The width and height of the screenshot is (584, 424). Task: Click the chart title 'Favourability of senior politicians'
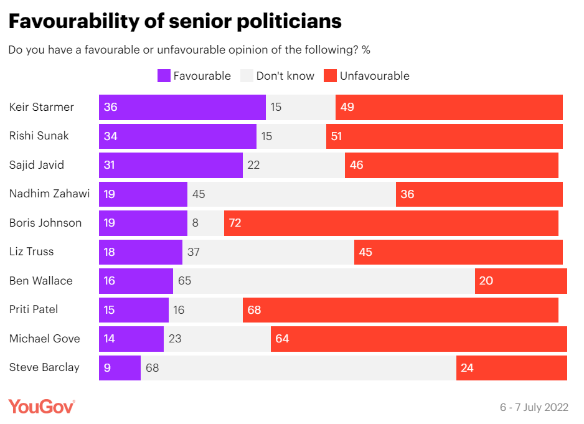(175, 21)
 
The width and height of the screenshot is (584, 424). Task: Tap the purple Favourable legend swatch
(164, 76)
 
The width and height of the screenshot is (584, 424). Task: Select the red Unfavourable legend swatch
(330, 76)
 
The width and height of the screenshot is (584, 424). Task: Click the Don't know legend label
(285, 76)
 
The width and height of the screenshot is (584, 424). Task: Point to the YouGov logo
(42, 407)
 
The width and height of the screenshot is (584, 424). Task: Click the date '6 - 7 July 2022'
(534, 407)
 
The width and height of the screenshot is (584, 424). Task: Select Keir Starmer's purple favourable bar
(182, 107)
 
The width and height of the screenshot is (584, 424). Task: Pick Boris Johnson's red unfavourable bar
(391, 223)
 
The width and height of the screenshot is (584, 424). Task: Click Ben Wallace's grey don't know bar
(324, 281)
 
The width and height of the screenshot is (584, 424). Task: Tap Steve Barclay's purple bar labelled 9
(120, 368)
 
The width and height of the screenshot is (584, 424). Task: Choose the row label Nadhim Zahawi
(50, 194)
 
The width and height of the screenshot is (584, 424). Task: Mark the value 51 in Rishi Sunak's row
(337, 136)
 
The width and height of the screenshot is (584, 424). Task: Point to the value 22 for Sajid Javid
(254, 165)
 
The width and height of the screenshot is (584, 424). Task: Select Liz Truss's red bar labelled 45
(458, 252)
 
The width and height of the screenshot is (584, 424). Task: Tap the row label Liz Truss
(32, 252)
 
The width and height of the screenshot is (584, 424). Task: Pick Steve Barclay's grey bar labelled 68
(298, 368)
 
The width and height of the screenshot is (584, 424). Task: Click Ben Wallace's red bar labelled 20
(521, 281)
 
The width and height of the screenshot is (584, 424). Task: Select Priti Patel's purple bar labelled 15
(133, 309)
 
